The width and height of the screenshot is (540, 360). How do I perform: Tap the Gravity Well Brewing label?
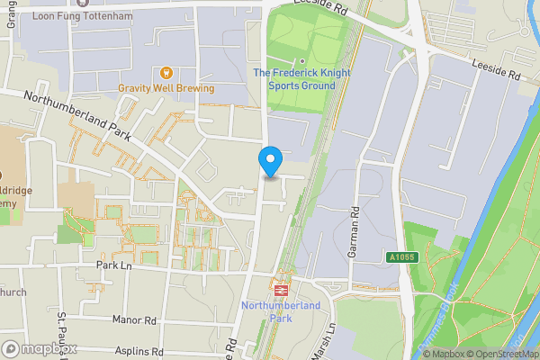pos(166,89)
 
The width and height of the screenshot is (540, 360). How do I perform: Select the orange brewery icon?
pos(166,72)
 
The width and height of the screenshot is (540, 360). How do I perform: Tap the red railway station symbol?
pos(281,290)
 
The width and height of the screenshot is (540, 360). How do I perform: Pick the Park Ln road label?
pos(113,266)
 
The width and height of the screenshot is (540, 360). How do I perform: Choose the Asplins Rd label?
pos(139,351)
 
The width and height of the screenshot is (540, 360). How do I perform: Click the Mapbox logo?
pos(40,348)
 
